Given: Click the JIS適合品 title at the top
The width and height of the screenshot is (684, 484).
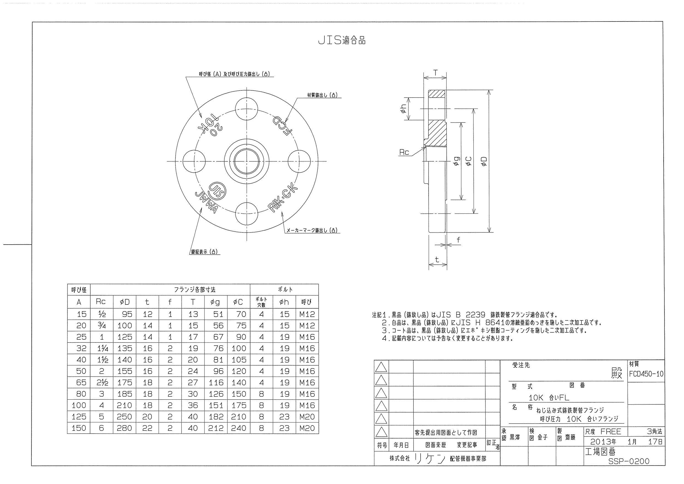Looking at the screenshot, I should tap(342, 41).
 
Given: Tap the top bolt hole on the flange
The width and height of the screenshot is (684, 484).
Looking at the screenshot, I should tap(247, 109).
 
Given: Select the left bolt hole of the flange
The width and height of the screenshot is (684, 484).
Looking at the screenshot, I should tap(194, 161).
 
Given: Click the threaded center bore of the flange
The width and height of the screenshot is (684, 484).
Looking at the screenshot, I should tap(247, 161).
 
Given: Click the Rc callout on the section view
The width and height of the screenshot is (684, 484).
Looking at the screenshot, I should tap(404, 153).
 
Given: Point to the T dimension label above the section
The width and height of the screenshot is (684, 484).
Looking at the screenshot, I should tap(435, 73).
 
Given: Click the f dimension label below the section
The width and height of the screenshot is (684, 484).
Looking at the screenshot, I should tap(458, 240).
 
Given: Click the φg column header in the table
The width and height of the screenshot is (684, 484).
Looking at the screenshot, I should tap(216, 302).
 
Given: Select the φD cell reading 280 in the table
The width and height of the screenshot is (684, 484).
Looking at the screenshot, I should tap(124, 428).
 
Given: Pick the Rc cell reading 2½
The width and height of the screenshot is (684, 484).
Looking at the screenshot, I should tap(102, 383).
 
